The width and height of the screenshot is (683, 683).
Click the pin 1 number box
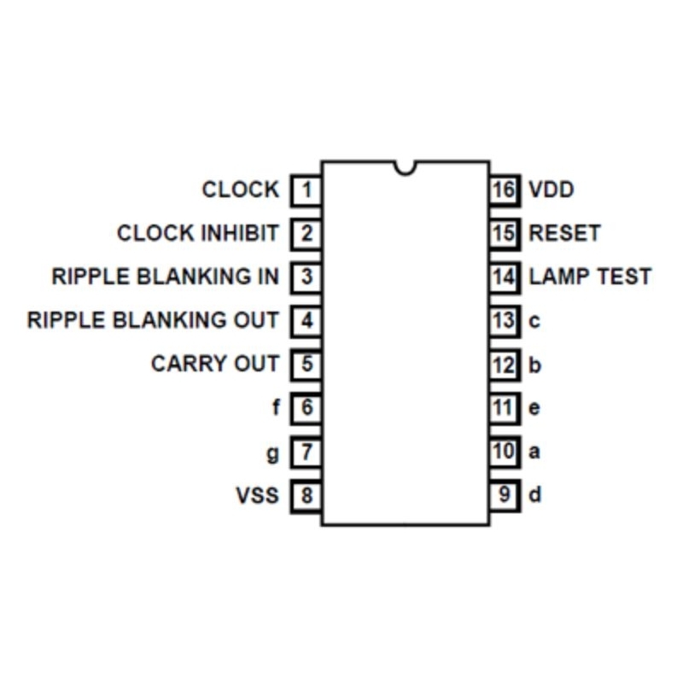(306, 190)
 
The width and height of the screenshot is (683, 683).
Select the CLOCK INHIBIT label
(197, 233)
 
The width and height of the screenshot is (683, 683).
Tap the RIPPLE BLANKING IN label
(165, 277)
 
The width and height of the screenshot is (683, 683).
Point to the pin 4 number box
(306, 321)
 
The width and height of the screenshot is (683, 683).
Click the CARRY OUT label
(214, 364)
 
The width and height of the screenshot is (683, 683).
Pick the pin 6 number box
(306, 408)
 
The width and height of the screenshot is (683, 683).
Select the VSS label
(257, 495)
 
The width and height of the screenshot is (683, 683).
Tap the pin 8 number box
(306, 496)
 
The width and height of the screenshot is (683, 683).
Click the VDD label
(551, 189)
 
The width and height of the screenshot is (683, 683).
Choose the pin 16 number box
(505, 190)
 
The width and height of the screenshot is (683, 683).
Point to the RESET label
(564, 233)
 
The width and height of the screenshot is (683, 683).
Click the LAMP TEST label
(590, 277)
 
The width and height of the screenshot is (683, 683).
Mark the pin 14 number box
(505, 277)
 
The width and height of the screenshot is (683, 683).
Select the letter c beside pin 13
(534, 322)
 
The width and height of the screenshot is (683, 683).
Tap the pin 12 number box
(505, 365)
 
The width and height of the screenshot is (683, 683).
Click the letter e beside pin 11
(534, 409)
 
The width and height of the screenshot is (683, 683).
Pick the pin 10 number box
(505, 452)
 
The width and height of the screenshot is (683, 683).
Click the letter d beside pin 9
(534, 495)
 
